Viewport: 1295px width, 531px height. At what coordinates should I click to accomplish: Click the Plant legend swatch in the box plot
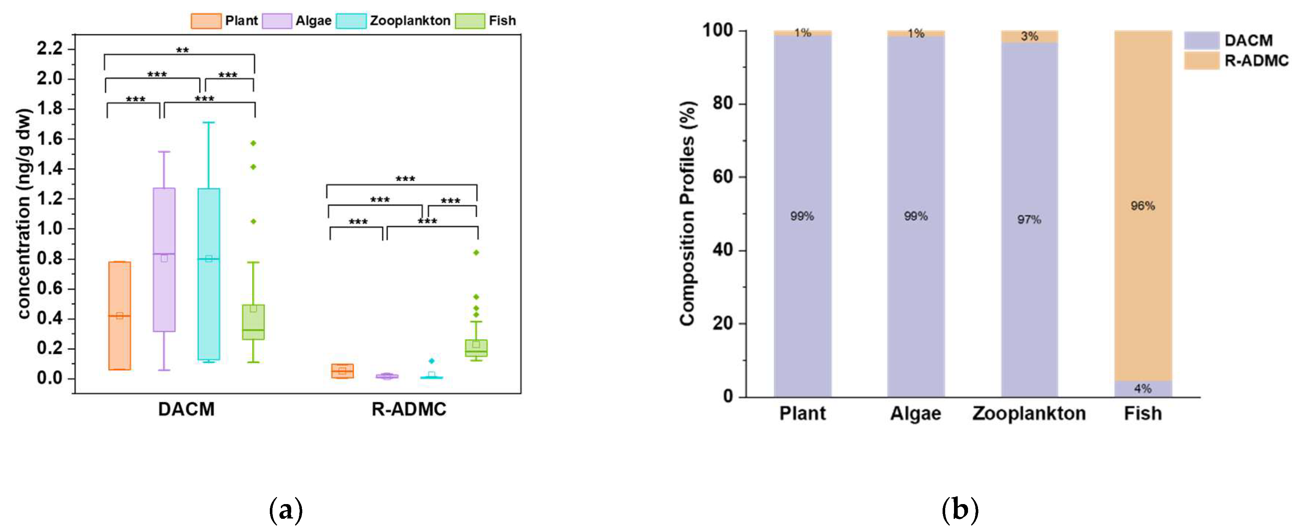(206, 21)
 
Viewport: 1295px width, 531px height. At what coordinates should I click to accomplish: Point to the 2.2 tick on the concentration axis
(50, 49)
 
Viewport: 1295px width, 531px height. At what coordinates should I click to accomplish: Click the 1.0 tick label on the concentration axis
(50, 229)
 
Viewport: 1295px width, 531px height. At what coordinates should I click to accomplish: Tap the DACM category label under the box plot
(186, 409)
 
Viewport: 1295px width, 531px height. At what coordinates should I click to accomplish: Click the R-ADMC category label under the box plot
(409, 409)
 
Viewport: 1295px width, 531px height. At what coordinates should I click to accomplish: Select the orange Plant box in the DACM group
(120, 316)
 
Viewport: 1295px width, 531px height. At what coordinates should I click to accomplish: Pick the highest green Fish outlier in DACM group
(253, 143)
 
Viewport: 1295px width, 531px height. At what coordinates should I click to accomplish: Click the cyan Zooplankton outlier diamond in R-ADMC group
(431, 361)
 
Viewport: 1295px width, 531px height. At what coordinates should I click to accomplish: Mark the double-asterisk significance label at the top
(182, 50)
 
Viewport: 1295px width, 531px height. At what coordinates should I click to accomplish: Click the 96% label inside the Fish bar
(1143, 206)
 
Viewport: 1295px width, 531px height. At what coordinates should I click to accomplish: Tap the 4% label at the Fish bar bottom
(1143, 389)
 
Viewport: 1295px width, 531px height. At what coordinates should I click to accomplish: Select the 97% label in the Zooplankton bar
(1029, 220)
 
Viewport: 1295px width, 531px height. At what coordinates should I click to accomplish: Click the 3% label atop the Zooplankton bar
(1029, 36)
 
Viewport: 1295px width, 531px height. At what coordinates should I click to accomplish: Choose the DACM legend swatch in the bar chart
(1201, 40)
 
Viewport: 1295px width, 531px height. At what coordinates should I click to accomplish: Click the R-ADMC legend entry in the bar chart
(1256, 61)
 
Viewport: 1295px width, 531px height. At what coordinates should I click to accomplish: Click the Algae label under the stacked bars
(915, 414)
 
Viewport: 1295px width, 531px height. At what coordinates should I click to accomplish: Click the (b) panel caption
(960, 510)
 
